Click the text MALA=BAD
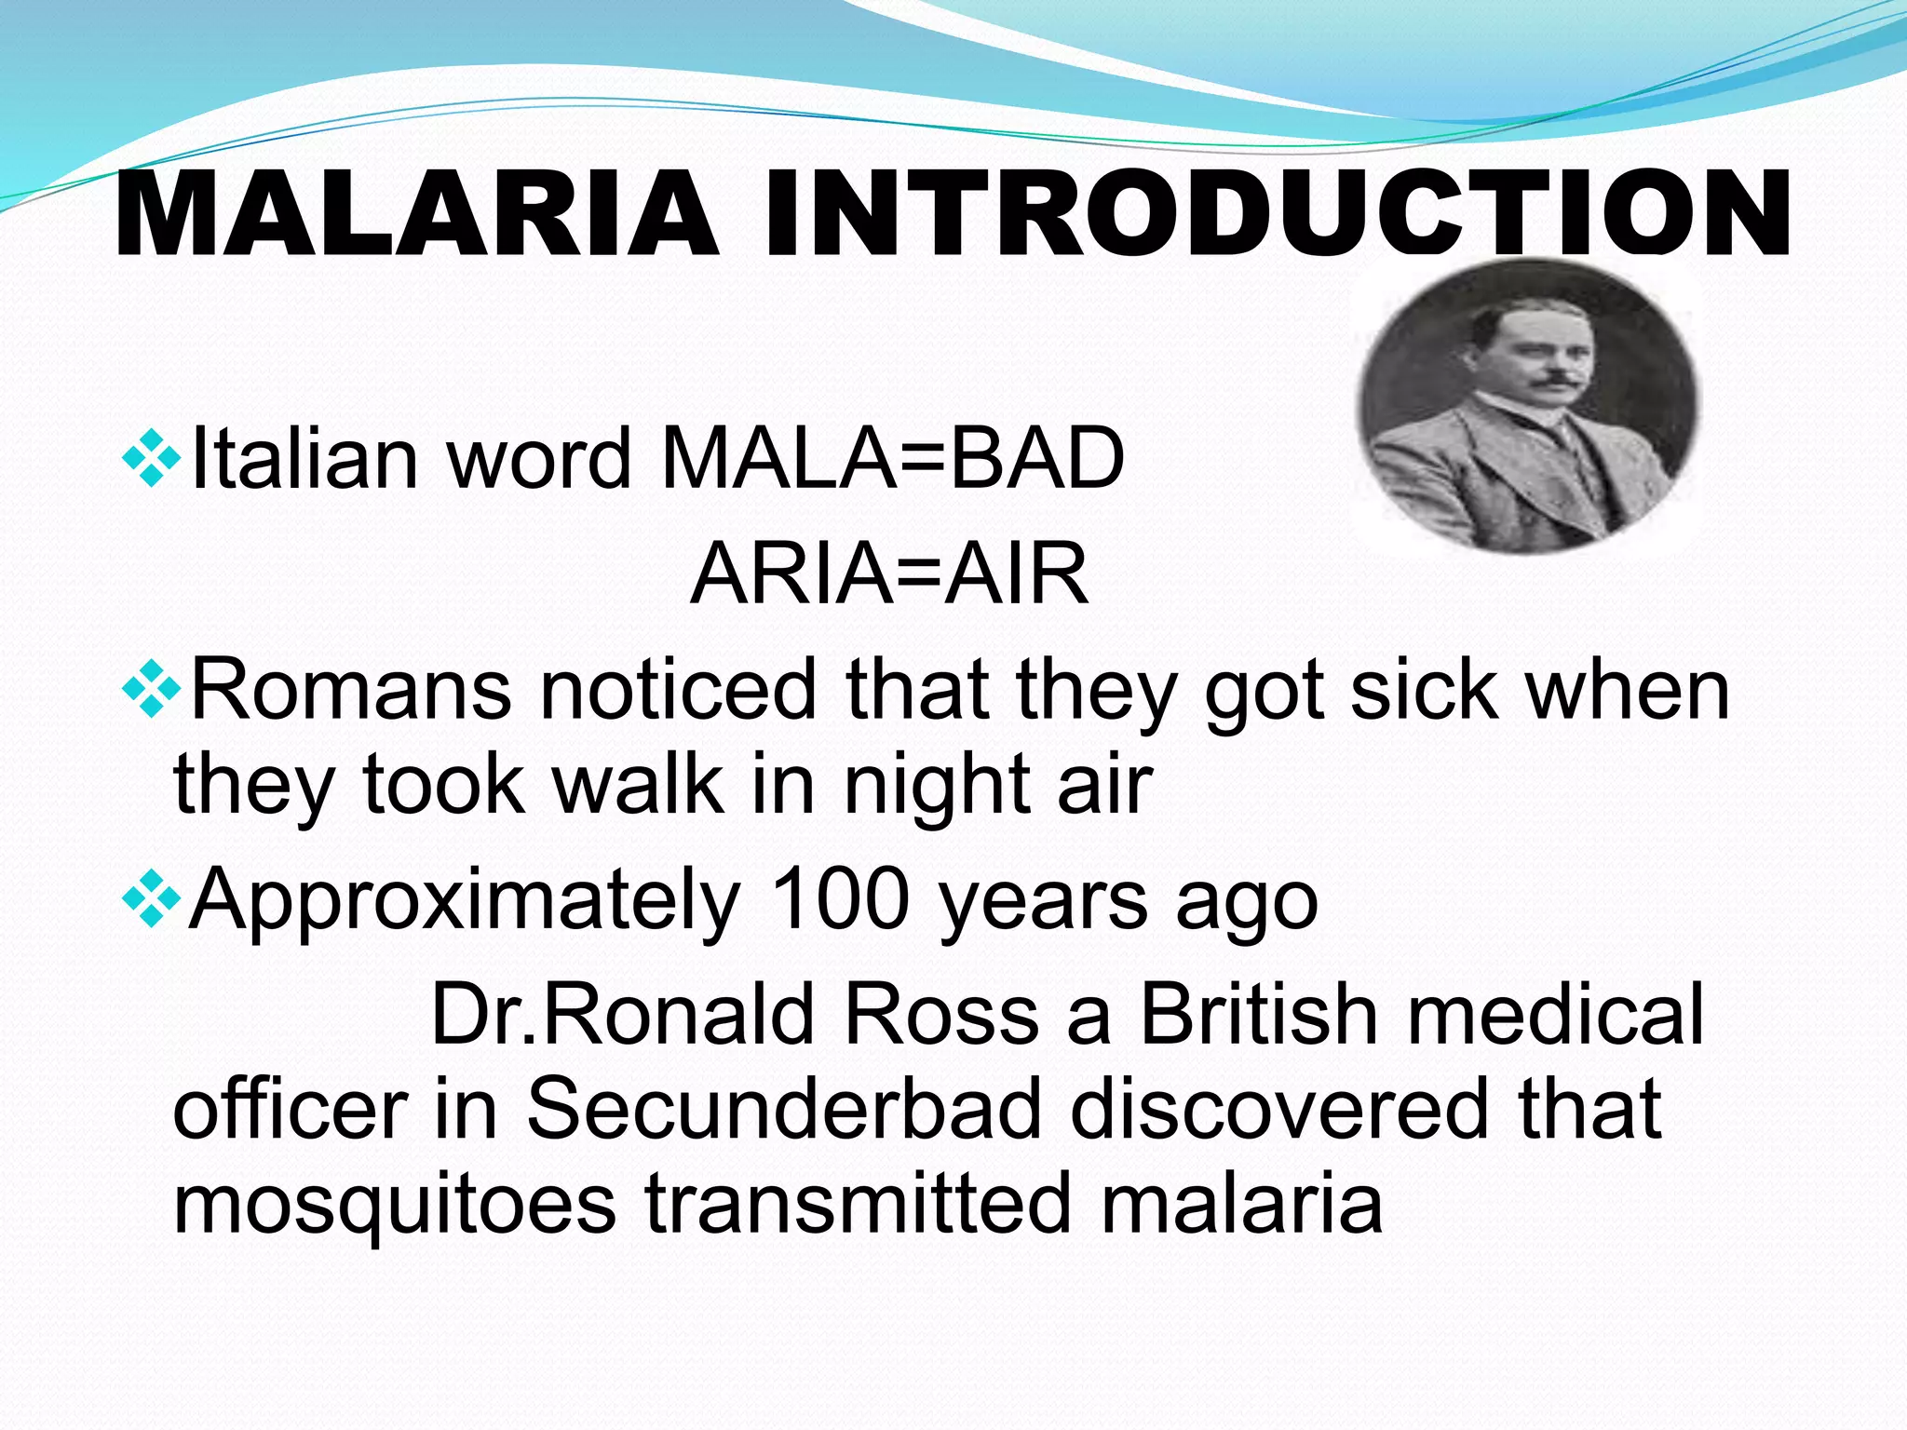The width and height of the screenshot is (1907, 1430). (892, 458)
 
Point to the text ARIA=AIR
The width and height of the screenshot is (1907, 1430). (889, 573)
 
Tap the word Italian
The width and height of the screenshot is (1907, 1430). (304, 458)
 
